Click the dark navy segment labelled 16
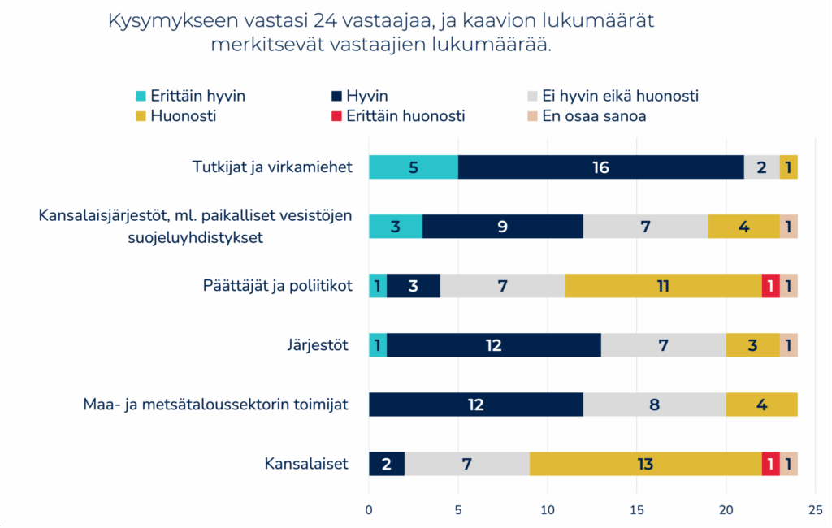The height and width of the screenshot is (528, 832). click(x=601, y=167)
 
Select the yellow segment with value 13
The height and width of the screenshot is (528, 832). click(x=646, y=464)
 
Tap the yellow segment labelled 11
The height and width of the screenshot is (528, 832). click(x=664, y=286)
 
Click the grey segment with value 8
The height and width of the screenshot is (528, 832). click(x=654, y=404)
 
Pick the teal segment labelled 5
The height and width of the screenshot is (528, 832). click(x=414, y=167)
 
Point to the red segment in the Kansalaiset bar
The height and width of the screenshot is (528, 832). click(x=771, y=464)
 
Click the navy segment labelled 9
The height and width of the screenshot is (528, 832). click(x=503, y=226)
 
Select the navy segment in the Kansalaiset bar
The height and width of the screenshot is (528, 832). click(x=387, y=464)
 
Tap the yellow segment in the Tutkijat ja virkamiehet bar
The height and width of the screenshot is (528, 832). click(x=789, y=167)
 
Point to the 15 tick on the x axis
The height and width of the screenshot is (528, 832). click(x=637, y=510)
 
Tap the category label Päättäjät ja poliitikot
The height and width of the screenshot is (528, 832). click(x=277, y=286)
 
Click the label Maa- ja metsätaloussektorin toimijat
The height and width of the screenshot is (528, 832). click(x=216, y=404)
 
